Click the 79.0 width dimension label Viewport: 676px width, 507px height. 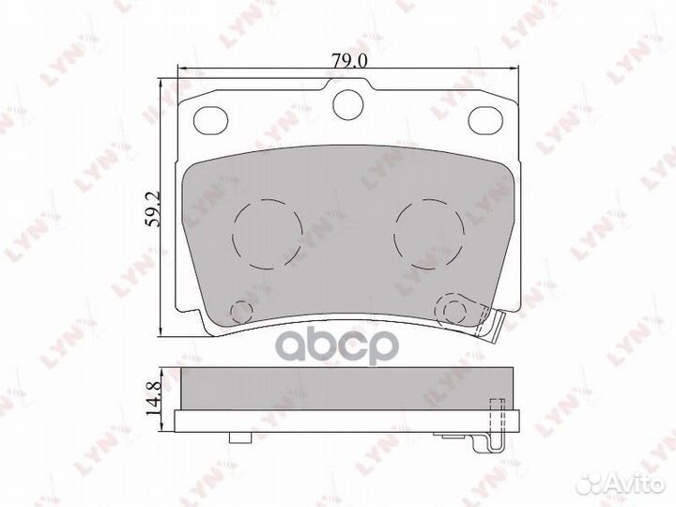(349, 60)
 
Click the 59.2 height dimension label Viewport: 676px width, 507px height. (153, 209)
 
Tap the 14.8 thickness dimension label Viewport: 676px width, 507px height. (153, 397)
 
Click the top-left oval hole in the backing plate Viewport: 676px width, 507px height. (210, 120)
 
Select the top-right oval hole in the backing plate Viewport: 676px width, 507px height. (486, 119)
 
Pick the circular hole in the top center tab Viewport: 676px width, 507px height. (348, 104)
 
